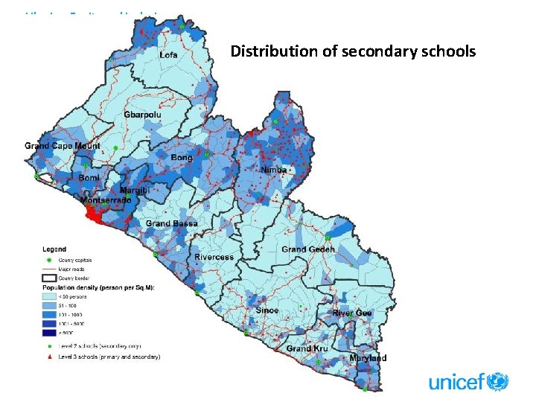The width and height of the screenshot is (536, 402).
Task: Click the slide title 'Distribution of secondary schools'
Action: pyautogui.click(x=353, y=51)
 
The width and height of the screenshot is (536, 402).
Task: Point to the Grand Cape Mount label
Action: pyautogui.click(x=63, y=146)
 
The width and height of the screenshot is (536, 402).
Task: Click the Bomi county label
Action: pyautogui.click(x=89, y=179)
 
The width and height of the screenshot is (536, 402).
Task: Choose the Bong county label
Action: pyautogui.click(x=182, y=158)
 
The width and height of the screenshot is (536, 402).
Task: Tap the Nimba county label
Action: pyautogui.click(x=273, y=170)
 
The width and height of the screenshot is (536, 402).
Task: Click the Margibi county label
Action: pyautogui.click(x=135, y=191)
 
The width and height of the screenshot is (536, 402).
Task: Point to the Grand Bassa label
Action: pyautogui.click(x=171, y=223)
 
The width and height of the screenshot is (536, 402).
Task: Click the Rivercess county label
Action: pyautogui.click(x=214, y=257)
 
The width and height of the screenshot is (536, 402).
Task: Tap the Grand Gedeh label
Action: pyautogui.click(x=308, y=249)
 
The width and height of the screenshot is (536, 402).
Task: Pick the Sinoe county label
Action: pyautogui.click(x=267, y=310)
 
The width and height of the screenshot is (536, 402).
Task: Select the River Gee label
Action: pyautogui.click(x=352, y=313)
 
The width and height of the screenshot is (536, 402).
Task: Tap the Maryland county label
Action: pyautogui.click(x=368, y=358)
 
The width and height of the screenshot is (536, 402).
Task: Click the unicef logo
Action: pyautogui.click(x=468, y=383)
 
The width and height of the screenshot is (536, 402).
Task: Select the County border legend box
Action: pyautogui.click(x=48, y=278)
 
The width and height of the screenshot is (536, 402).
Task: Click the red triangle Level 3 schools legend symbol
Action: pyautogui.click(x=48, y=357)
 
